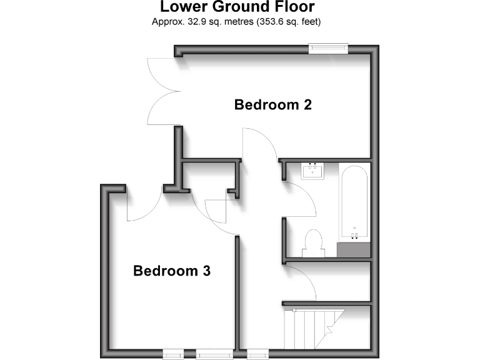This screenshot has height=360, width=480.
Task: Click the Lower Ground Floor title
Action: coord(237,7)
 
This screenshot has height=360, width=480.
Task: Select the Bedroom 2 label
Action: coord(273,104)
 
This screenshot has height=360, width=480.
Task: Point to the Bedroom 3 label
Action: coord(172,271)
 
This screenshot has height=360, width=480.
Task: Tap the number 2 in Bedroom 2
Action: coord(307,104)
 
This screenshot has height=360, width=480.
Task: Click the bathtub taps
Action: coord(354,236)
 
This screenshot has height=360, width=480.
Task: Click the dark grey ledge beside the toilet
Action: coord(353,250)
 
